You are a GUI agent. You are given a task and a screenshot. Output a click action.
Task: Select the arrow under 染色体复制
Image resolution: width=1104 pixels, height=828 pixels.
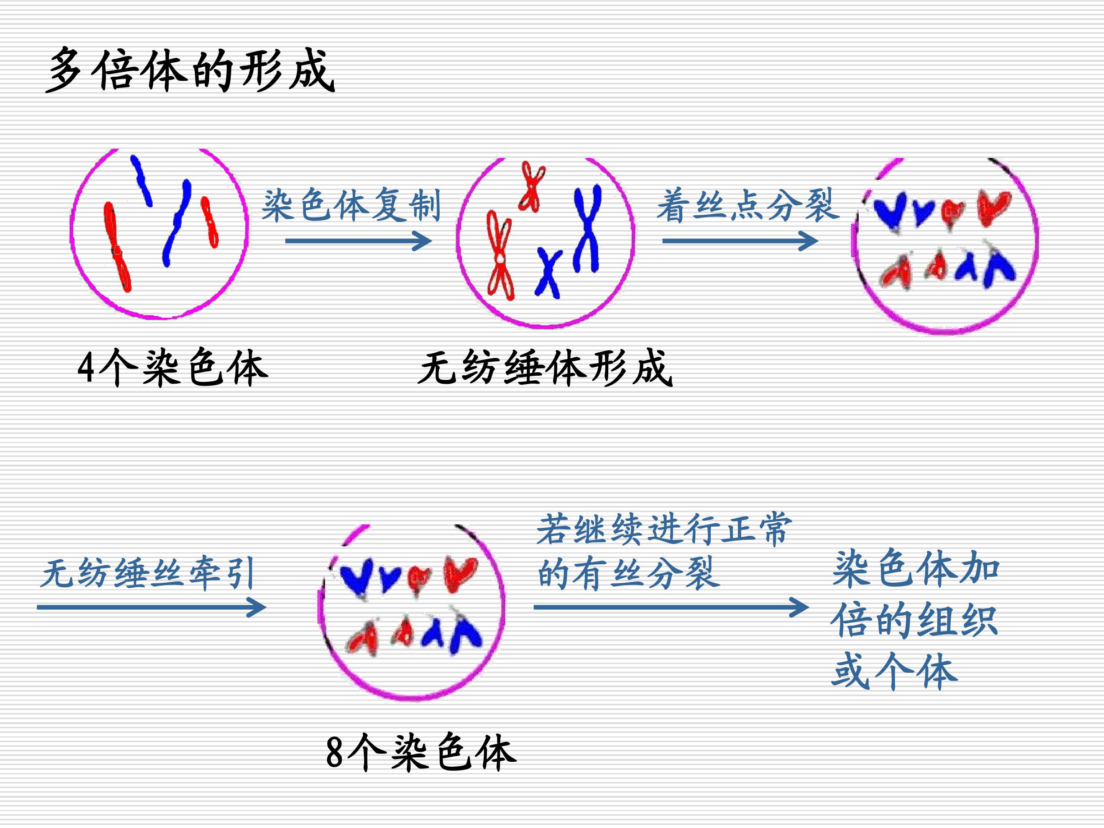pyautogui.click(x=358, y=241)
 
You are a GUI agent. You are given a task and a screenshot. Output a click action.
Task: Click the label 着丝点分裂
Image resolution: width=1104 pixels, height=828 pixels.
pyautogui.click(x=747, y=205)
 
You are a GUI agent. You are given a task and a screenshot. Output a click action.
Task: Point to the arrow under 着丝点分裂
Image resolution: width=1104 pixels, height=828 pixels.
pyautogui.click(x=740, y=241)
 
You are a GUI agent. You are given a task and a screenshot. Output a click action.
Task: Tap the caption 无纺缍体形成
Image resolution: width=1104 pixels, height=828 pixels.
pyautogui.click(x=545, y=368)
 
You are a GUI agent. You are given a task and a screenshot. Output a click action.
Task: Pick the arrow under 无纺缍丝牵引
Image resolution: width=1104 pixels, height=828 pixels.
pyautogui.click(x=152, y=608)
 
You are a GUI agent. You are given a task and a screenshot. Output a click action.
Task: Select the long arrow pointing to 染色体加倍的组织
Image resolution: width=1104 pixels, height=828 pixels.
pyautogui.click(x=671, y=608)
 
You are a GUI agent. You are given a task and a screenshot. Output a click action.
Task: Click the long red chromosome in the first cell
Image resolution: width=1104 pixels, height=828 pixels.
pyautogui.click(x=117, y=247)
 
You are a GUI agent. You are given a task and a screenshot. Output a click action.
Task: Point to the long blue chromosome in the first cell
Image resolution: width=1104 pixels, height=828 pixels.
pyautogui.click(x=176, y=223)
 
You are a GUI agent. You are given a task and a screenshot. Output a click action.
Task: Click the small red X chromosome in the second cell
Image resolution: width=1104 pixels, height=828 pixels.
pyautogui.click(x=532, y=186)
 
